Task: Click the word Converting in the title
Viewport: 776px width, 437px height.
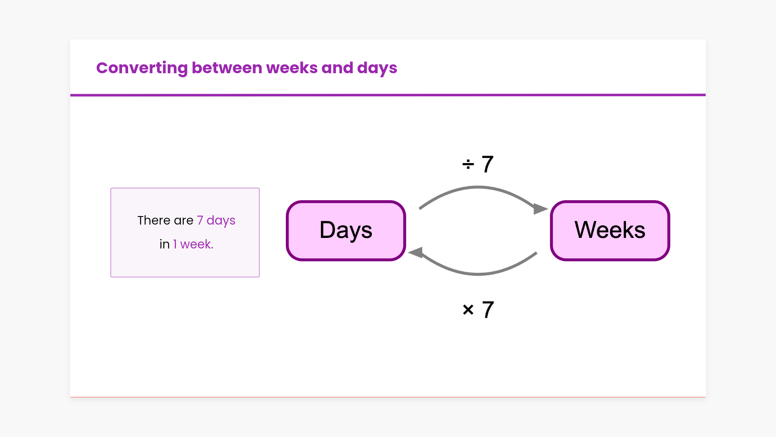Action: coord(142,68)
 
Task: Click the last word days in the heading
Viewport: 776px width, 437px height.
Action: coord(377,68)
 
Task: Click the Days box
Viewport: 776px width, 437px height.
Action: coord(346,231)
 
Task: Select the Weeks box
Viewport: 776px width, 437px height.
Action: coord(610,231)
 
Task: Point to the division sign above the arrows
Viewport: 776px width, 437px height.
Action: coord(468,164)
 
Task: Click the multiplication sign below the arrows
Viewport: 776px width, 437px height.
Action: coord(468,310)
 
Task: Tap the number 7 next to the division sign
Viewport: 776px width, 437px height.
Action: coord(488,164)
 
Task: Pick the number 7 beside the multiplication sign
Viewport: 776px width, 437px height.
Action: coord(488,310)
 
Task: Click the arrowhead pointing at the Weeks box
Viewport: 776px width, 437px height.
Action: coord(540,209)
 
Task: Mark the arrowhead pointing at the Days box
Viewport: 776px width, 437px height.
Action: coord(415,252)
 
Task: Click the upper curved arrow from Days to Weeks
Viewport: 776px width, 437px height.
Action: coord(478,187)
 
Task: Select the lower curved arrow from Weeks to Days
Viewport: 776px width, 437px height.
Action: coord(478,274)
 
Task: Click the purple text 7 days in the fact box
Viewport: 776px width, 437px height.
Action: coord(216,221)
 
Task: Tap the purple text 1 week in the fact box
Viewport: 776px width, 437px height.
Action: coord(193,244)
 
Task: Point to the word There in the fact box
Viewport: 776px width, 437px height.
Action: coord(154,221)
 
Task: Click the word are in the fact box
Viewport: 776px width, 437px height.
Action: coord(183,221)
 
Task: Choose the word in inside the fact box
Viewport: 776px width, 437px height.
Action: coord(164,244)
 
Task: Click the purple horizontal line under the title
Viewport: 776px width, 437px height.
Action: coord(388,95)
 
